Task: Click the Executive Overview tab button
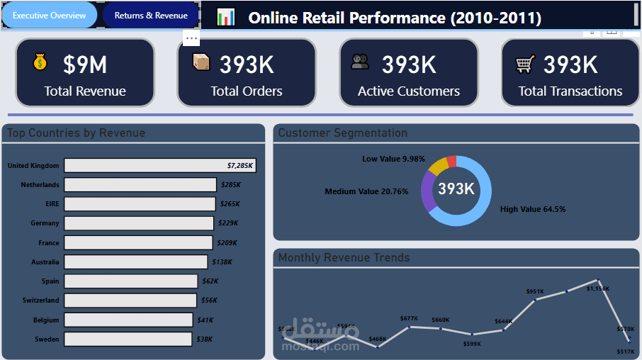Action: tap(49, 15)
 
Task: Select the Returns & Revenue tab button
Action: tap(151, 15)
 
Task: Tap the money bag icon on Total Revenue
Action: tap(40, 63)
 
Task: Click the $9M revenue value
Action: tap(85, 65)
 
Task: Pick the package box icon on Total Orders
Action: tap(202, 63)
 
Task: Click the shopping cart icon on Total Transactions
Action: tap(525, 64)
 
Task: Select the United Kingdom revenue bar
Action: tap(159, 165)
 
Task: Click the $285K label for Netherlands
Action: tap(230, 185)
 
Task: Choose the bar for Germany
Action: tap(139, 223)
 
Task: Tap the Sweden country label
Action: tap(47, 339)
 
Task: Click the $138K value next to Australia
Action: tap(222, 262)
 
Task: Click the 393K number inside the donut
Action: tap(456, 189)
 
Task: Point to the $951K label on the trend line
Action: tap(535, 291)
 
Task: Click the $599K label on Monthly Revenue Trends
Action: tap(472, 344)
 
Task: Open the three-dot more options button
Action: tap(191, 38)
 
